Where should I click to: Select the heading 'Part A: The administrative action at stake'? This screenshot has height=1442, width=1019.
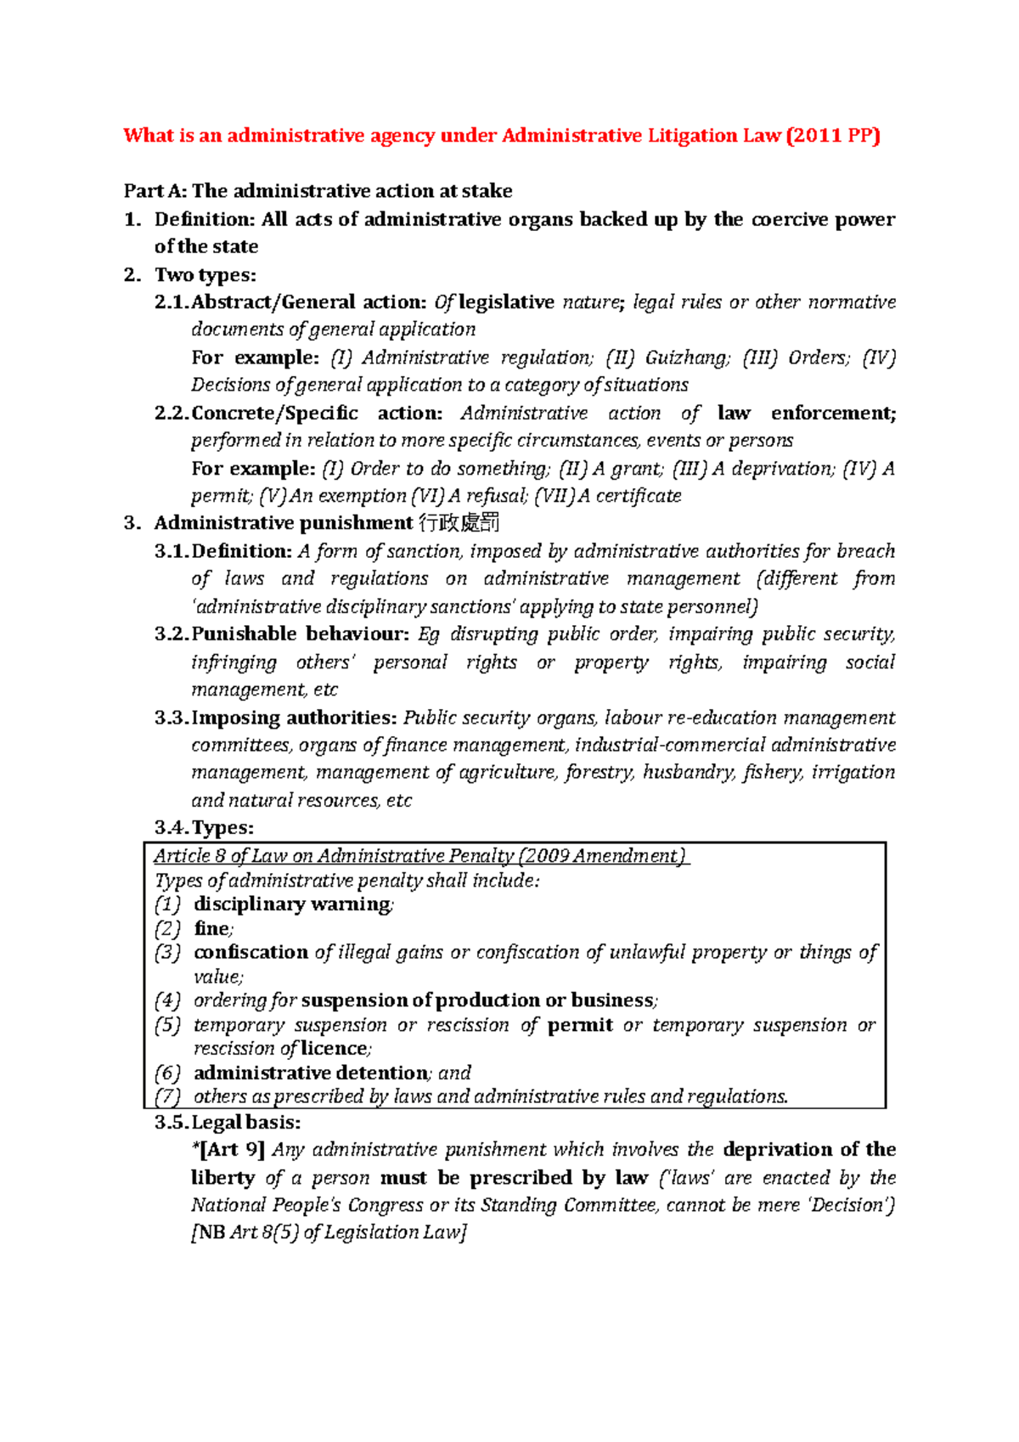[x=318, y=191]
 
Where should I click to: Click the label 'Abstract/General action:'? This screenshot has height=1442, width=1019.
[x=308, y=302]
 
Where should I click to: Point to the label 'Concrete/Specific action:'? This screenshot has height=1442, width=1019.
[x=317, y=414]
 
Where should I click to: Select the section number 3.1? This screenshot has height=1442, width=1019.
[x=172, y=551]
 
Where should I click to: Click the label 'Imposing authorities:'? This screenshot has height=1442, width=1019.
[x=294, y=718]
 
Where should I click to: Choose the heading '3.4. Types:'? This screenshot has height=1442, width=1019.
[x=205, y=828]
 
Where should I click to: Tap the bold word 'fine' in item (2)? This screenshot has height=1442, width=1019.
[x=211, y=929]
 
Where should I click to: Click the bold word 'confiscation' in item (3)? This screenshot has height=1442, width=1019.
[x=251, y=953]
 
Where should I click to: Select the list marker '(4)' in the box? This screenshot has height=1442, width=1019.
[x=167, y=1000]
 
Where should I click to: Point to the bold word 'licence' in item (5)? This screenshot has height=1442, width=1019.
[x=335, y=1049]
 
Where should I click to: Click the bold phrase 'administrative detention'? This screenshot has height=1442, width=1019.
[x=311, y=1073]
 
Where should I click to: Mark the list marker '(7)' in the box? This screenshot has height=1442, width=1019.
[x=167, y=1097]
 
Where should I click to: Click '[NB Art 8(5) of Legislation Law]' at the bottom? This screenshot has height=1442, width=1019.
[x=329, y=1232]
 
